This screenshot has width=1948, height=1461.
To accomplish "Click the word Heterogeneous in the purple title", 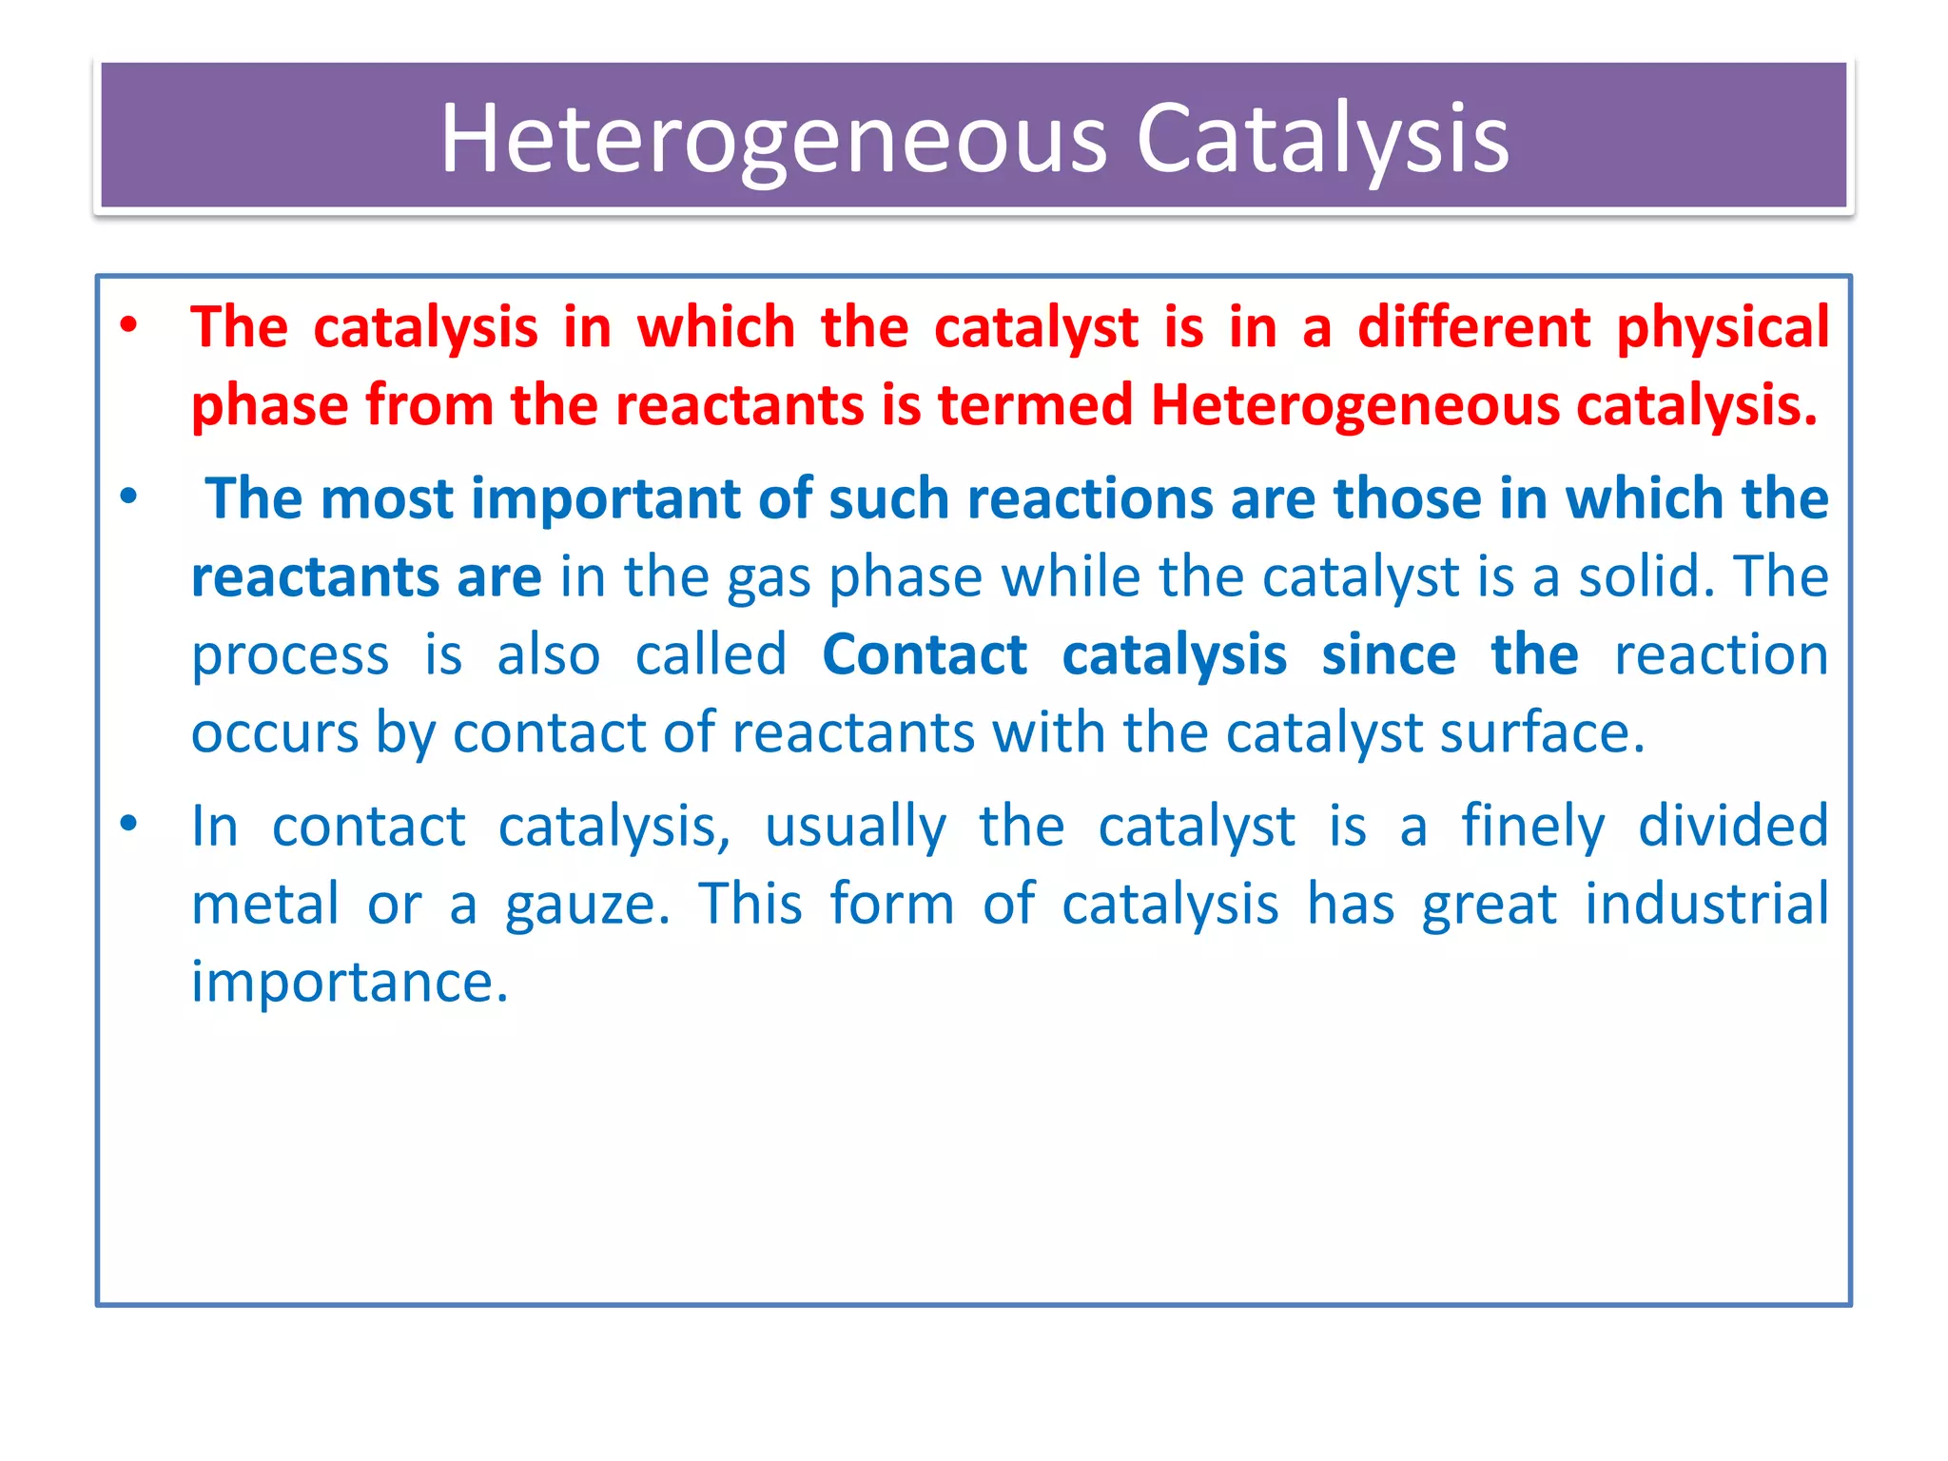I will tap(773, 139).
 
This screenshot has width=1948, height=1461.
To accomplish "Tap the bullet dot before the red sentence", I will tap(129, 324).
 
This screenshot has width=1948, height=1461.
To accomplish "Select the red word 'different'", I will tap(1473, 327).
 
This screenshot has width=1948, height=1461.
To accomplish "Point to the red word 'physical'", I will tap(1723, 329).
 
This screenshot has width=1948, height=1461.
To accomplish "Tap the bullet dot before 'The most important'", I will tap(129, 496).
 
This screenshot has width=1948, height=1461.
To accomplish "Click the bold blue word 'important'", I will tap(606, 499).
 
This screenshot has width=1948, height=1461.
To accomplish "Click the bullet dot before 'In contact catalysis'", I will tap(129, 823).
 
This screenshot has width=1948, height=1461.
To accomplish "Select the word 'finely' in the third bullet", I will tap(1533, 827).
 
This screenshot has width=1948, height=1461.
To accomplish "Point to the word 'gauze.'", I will tap(587, 906).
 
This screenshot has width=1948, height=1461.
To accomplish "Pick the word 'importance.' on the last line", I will tap(350, 982).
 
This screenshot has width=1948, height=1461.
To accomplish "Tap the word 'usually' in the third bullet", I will tap(856, 827).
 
